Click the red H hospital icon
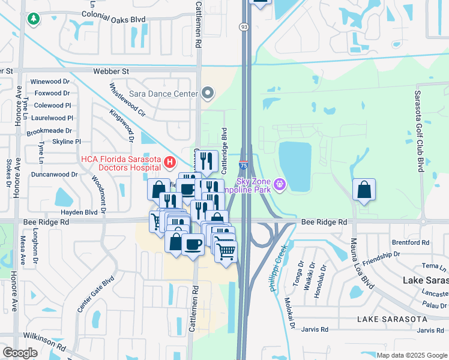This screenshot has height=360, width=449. (x=170, y=162)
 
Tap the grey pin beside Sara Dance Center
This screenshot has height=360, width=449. (x=208, y=93)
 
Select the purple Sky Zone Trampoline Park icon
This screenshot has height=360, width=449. (x=279, y=183)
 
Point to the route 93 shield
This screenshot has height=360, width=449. (x=243, y=27)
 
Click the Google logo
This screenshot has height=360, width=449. (x=20, y=353)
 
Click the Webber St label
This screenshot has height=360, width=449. (x=111, y=71)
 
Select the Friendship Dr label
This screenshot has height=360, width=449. (x=380, y=254)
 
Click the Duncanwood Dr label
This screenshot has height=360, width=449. (x=54, y=175)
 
